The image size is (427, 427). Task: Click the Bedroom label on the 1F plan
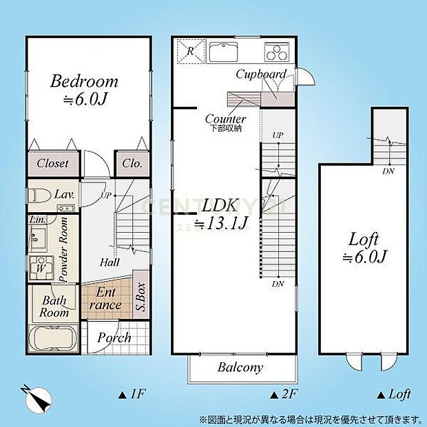point(84,82)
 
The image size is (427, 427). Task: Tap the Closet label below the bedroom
point(52,163)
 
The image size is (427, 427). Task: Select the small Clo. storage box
point(132,163)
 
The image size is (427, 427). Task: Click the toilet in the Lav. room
point(41,195)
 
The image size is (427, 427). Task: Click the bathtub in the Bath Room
point(53,340)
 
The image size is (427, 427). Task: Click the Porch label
point(114,337)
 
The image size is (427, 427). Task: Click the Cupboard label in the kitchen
point(260,74)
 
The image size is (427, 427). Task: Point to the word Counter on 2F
point(225,118)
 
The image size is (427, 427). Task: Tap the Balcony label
point(240,367)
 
